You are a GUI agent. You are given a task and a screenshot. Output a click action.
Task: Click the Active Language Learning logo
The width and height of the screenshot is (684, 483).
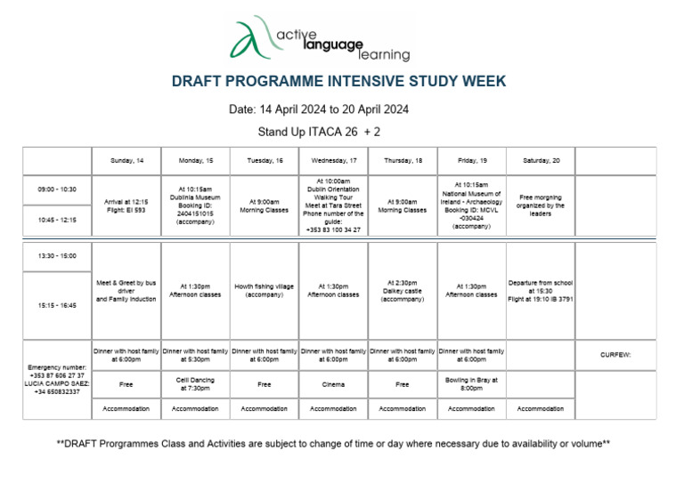(x=321, y=38)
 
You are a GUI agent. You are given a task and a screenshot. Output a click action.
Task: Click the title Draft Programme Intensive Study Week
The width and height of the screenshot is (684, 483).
(x=338, y=82)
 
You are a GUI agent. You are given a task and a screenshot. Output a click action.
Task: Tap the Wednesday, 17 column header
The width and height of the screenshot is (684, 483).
(x=333, y=160)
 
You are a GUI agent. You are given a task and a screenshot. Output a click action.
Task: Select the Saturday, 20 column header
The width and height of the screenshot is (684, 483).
(x=541, y=160)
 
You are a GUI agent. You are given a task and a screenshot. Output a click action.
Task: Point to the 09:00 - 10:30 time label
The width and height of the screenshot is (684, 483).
(x=57, y=189)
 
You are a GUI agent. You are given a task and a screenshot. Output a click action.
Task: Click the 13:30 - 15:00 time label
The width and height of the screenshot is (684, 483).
(x=57, y=256)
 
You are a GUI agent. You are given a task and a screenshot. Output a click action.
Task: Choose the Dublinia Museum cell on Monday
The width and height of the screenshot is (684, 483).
(x=195, y=205)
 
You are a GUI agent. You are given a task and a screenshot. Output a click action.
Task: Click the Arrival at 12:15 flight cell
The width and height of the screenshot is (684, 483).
(x=126, y=206)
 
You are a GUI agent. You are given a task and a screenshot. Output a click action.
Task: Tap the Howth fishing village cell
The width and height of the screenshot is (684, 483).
(x=264, y=290)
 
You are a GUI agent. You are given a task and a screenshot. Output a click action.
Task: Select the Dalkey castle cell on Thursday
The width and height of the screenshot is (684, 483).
(x=403, y=290)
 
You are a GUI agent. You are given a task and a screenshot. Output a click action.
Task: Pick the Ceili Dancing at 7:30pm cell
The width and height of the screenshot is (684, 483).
(x=195, y=384)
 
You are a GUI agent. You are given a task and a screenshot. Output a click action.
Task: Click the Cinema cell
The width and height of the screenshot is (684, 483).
(x=333, y=384)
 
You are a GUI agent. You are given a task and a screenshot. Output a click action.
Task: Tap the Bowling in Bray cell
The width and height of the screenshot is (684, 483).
(x=471, y=384)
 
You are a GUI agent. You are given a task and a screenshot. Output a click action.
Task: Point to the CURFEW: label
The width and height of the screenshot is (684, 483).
(x=615, y=355)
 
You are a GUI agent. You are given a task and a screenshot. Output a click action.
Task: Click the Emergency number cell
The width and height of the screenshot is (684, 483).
(x=57, y=379)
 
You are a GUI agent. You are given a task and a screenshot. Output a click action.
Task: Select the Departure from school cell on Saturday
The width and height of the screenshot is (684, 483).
(x=541, y=290)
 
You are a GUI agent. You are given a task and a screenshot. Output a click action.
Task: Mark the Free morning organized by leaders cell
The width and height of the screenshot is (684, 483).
(x=541, y=205)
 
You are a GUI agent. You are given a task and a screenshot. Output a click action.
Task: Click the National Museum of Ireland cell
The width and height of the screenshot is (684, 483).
(x=471, y=205)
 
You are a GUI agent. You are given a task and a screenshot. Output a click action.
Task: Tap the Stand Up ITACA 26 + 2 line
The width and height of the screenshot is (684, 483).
(x=319, y=132)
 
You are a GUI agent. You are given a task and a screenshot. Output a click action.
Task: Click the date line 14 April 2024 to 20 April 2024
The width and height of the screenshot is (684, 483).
(x=319, y=110)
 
